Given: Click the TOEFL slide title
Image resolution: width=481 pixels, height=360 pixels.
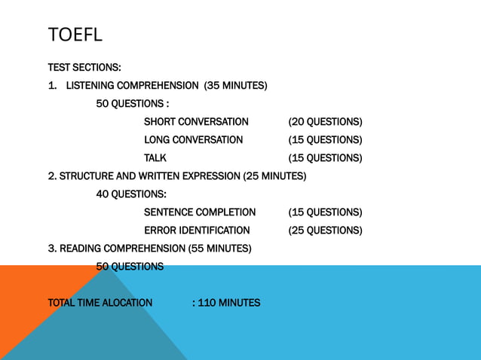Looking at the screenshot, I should pos(75,35).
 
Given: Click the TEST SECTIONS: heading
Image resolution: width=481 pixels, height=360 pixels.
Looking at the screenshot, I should pos(84,68).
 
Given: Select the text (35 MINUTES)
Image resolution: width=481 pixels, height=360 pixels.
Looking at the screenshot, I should pos(235,86).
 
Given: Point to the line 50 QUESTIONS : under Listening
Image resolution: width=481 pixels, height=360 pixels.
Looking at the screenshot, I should pos(132,104).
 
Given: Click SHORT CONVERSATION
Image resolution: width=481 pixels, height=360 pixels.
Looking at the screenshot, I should pos(196,122).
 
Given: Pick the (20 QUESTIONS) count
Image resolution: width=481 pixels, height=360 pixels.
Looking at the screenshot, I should pos(325,122).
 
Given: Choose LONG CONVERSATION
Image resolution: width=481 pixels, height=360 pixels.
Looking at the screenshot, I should pos(193,140).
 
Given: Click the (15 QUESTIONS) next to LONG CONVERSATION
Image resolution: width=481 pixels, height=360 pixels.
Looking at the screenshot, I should pos(325,140).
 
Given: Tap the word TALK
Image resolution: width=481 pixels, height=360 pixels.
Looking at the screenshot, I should pos(155,158).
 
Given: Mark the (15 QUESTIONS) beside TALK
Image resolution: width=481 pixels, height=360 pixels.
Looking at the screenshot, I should pos(325,158).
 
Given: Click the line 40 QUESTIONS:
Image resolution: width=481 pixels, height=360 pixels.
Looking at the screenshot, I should pos(131,194).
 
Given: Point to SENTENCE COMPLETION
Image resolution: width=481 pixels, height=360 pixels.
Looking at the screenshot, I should pos(200,212).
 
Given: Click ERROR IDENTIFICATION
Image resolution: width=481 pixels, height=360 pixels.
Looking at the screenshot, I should pos(197,230).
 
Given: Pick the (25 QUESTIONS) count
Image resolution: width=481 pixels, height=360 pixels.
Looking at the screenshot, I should pos(325,230).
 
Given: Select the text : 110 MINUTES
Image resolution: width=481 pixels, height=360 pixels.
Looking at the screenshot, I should pos(226,304).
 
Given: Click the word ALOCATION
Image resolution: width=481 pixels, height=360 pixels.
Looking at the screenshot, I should pos(122,304).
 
